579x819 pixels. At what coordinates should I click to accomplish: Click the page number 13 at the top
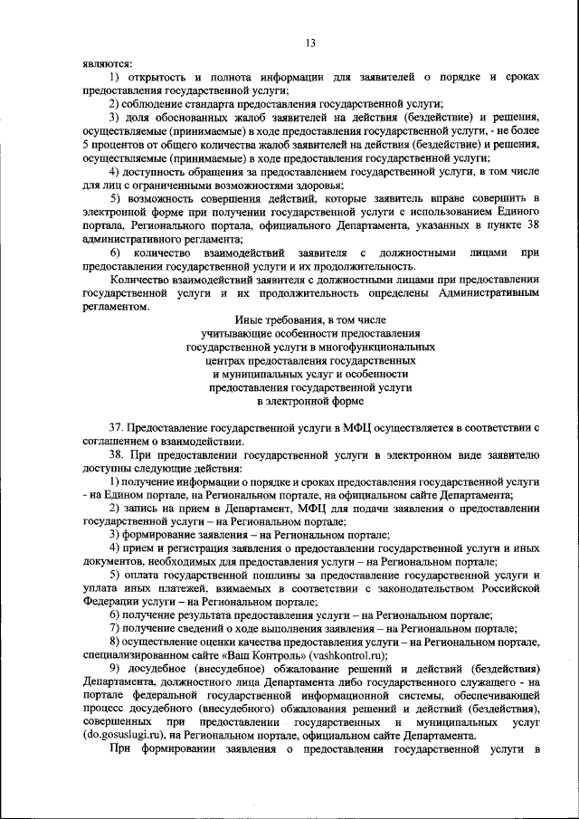(309, 43)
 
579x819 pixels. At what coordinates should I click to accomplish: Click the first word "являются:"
(107, 64)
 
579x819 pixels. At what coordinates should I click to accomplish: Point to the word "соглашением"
(118, 440)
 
